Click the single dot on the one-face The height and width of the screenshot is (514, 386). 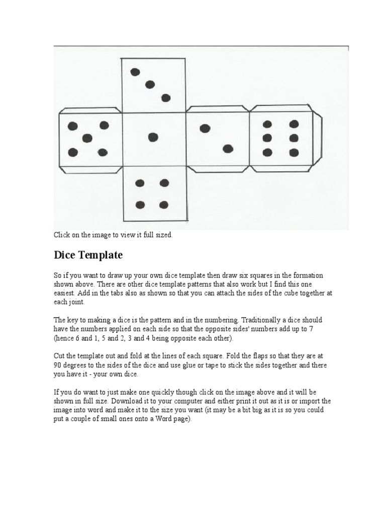pos(153,137)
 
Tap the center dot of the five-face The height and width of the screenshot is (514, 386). pos(88,138)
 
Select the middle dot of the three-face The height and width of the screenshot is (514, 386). pos(150,84)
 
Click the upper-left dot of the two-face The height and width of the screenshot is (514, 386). pos(205,128)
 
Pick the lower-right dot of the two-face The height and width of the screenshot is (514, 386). pos(228,148)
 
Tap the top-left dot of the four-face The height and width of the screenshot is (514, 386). pos(140,183)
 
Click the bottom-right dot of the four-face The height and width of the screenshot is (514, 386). pos(164,204)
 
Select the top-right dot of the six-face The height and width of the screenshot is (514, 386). pos(294,124)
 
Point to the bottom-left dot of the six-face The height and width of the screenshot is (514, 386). pos(267,152)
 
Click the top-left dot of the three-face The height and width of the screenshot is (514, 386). pos(135,72)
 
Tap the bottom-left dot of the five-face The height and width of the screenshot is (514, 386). pos(73,152)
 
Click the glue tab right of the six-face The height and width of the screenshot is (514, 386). pos(318,138)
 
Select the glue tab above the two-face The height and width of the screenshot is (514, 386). pos(218,109)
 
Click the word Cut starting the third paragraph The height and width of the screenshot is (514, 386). pos(59,356)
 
